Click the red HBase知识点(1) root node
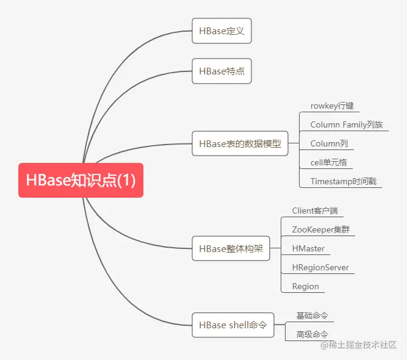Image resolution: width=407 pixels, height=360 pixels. tap(81, 180)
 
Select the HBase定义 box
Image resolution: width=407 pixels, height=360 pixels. tap(222, 31)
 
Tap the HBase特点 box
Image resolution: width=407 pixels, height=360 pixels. tap(222, 71)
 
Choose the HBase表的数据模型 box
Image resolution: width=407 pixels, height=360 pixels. tap(240, 144)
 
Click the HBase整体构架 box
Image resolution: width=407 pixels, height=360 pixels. tap(231, 248)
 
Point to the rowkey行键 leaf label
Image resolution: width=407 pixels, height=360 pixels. tap(332, 106)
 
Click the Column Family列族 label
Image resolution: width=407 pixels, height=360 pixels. tap(347, 124)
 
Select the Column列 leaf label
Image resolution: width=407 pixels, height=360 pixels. tap(329, 143)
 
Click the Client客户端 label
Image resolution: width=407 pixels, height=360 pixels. tap(314, 211)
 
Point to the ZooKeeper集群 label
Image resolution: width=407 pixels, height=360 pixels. tap(320, 229)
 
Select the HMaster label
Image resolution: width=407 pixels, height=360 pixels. tap(308, 248)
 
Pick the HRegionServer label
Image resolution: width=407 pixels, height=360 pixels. tap(320, 267)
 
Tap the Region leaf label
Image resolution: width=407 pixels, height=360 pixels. tap(305, 286)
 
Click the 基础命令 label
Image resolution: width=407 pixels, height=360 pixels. tap(312, 315)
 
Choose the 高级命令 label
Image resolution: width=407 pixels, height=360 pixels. tap(312, 334)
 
